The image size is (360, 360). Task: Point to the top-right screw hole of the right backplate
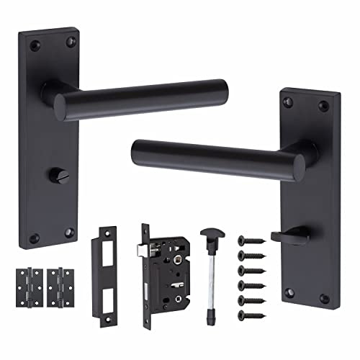(x=324, y=105)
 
